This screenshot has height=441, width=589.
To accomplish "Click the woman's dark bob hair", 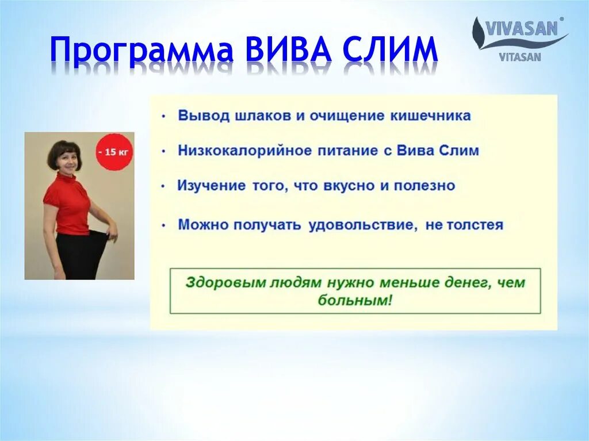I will (64, 152).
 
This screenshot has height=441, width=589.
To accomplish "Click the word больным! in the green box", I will (355, 300).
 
